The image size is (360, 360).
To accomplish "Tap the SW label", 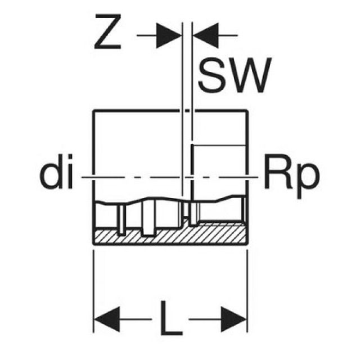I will coord(231,76).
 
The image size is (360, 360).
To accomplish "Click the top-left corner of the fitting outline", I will coord(93,111).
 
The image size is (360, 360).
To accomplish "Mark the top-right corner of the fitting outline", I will coord(248,111).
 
